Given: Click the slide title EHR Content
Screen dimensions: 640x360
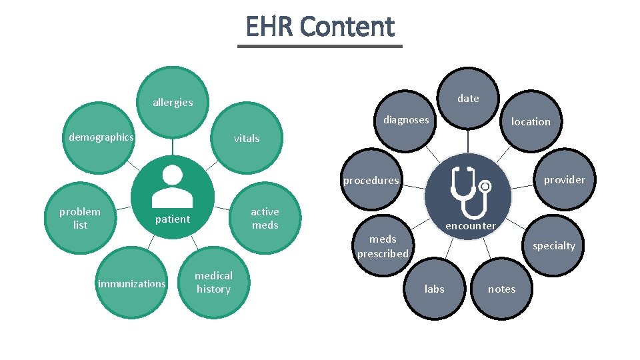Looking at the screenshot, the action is [x=320, y=27].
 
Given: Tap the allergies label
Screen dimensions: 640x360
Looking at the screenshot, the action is [x=173, y=103].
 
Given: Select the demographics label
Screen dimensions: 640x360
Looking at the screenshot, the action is [x=101, y=137].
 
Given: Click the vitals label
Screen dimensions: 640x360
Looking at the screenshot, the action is [x=247, y=139].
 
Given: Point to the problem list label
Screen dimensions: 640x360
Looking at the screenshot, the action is [x=80, y=219].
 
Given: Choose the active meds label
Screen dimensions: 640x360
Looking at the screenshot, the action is [x=265, y=219].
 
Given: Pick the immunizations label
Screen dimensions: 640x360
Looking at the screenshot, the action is [x=132, y=284].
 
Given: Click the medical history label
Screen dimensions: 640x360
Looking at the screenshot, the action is [x=213, y=283].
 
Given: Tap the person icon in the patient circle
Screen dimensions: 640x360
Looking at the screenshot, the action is [x=173, y=186].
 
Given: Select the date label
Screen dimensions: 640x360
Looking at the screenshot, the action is [x=468, y=99].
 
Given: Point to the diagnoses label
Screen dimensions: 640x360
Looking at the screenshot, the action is [x=406, y=120].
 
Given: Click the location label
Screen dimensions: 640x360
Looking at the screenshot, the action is [x=531, y=122].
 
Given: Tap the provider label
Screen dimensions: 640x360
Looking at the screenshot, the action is [x=564, y=180].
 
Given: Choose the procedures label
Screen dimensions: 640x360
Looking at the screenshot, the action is [x=371, y=181].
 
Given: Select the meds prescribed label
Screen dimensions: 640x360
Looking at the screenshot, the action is [x=383, y=247].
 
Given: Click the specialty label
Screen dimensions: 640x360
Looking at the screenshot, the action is [x=553, y=246].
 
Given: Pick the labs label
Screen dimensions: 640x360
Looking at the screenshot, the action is [x=435, y=289].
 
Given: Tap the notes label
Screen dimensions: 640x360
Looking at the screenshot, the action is [x=502, y=289].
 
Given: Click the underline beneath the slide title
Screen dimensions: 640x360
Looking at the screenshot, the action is [x=320, y=46].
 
